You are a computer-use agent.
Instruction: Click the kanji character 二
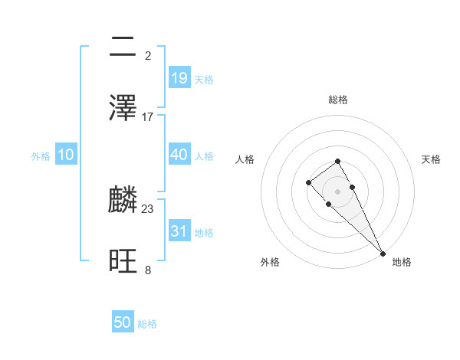(x=123, y=47)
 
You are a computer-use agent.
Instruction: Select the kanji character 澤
(x=123, y=108)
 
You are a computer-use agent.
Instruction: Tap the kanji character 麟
(x=123, y=200)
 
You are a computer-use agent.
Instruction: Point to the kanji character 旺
(x=123, y=261)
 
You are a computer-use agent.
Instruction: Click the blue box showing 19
(x=179, y=77)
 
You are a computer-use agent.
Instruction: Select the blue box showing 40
(x=179, y=155)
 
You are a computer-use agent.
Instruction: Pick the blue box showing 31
(x=179, y=231)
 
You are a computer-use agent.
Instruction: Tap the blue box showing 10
(x=66, y=155)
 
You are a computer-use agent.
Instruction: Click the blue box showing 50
(x=123, y=322)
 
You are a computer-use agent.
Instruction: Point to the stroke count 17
(x=148, y=117)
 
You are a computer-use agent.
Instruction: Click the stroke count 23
(x=148, y=208)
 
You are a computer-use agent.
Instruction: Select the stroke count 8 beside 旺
(x=148, y=270)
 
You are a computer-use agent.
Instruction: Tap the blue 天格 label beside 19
(x=204, y=79)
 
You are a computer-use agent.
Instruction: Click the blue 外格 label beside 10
(x=41, y=156)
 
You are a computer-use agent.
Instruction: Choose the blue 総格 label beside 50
(x=147, y=324)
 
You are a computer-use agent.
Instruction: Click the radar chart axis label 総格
(x=338, y=100)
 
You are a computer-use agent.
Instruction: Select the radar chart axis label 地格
(x=402, y=262)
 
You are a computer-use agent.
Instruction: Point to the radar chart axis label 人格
(x=245, y=159)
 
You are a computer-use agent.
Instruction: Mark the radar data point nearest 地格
(x=383, y=254)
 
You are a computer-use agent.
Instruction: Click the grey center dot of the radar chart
(x=338, y=191)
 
